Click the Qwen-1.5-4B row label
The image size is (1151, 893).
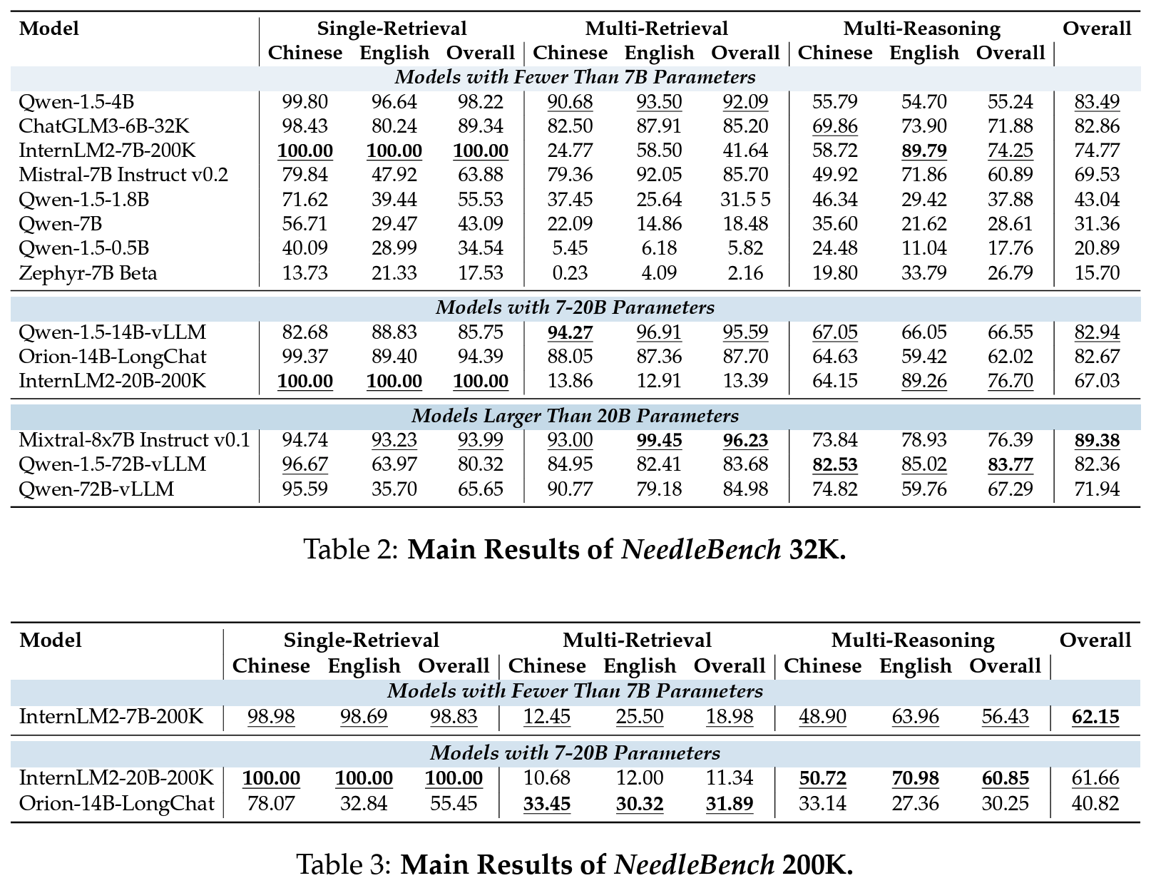(76, 101)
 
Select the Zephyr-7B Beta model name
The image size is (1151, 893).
(88, 272)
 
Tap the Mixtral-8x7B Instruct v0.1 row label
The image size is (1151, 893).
(134, 440)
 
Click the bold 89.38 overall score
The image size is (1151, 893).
(1096, 440)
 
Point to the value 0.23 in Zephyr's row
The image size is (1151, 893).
(570, 272)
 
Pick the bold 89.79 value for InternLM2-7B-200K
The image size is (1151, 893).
(924, 150)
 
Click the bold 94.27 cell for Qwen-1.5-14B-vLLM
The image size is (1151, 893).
(570, 332)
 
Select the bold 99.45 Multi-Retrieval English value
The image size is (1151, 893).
(659, 440)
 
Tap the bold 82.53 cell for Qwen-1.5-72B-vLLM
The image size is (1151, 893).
(835, 464)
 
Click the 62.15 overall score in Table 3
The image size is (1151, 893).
(1095, 717)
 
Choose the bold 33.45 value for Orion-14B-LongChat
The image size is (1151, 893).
(547, 804)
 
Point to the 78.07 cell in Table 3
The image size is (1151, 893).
(271, 804)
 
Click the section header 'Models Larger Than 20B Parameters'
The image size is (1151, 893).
(575, 416)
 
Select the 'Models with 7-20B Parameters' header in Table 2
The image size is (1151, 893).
(575, 307)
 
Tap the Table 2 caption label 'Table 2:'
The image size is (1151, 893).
(351, 549)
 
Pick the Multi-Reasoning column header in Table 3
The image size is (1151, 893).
(913, 641)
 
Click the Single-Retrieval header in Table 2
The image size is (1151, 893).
(392, 28)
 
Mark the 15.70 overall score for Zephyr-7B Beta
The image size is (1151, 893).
(1096, 272)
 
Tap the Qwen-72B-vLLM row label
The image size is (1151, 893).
(96, 489)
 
